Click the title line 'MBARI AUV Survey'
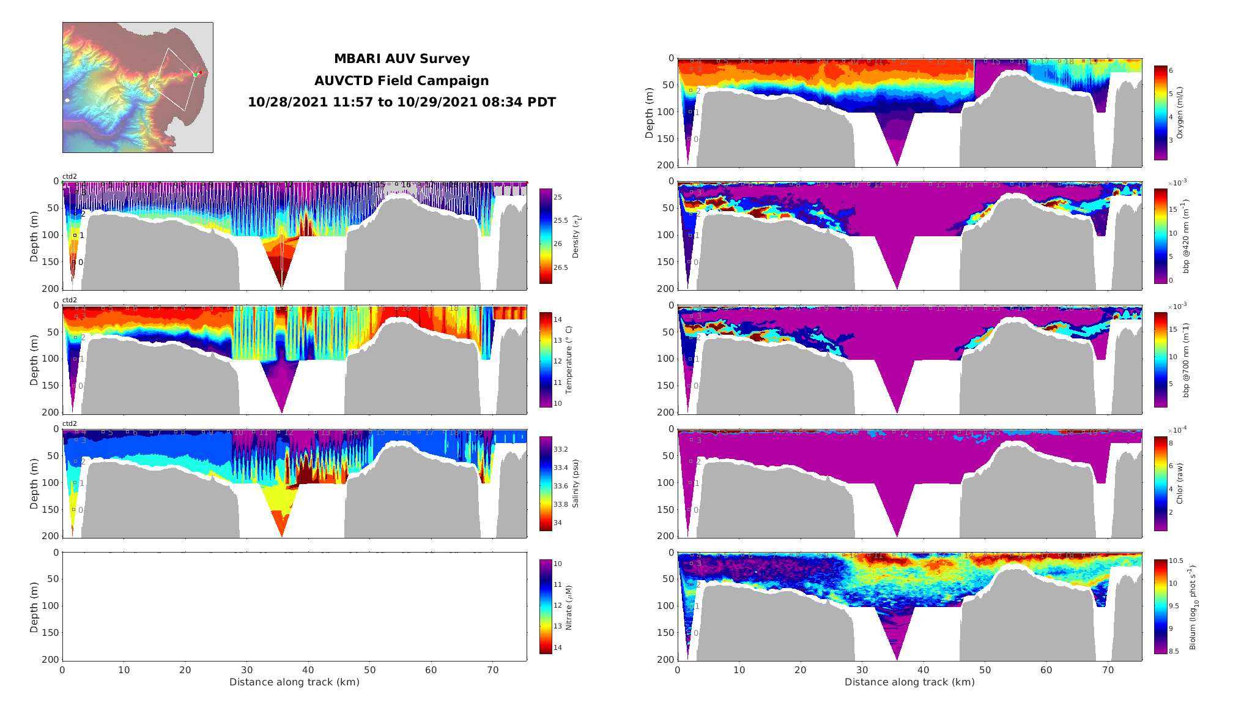coord(402,59)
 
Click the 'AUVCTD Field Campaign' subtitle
coord(402,81)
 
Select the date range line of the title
coord(402,102)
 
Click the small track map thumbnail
coord(138,88)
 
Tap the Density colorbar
coord(546,236)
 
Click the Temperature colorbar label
coord(569,360)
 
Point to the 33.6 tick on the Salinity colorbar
coord(561,486)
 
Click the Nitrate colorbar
coord(546,606)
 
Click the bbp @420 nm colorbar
coord(1160,236)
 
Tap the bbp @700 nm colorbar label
coord(1186,360)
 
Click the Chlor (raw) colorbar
coord(1160,483)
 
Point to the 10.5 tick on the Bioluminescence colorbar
coord(1176,561)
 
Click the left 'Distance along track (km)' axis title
coord(294,682)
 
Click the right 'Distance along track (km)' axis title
coord(909,682)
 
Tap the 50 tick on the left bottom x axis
coord(369,670)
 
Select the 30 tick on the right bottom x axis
coord(862,670)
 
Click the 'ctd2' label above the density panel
coord(70,176)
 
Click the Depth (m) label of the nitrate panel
coord(34,606)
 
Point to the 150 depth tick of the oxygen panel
coord(665,139)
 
